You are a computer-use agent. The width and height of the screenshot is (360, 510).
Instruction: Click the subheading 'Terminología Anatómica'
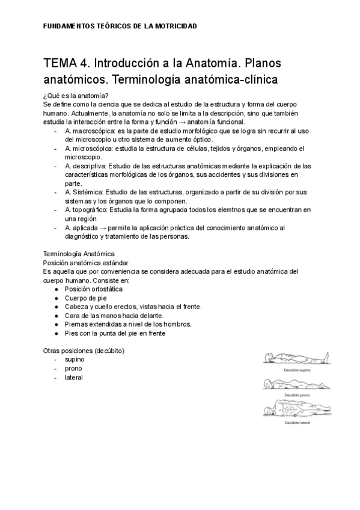click(x=80, y=254)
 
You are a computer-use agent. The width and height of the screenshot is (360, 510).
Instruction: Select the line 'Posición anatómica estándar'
click(x=85, y=263)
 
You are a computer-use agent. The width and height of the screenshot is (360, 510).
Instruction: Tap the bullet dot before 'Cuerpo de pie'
click(x=56, y=298)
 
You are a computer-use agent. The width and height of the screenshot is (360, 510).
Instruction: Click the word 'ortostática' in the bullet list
click(x=106, y=289)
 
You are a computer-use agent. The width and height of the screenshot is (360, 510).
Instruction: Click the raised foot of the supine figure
click(x=325, y=356)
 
